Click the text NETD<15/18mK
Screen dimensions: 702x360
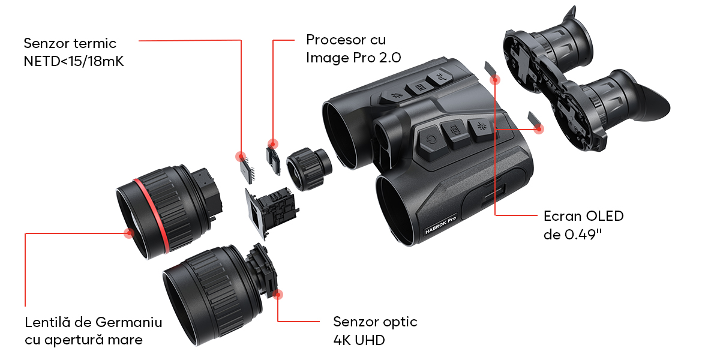pyautogui.click(x=74, y=61)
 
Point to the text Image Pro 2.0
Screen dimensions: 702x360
pyautogui.click(x=353, y=58)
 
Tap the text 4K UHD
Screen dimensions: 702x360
pyautogui.click(x=359, y=340)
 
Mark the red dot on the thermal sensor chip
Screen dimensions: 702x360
pyautogui.click(x=241, y=156)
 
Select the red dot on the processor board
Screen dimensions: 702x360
pyautogui.click(x=272, y=144)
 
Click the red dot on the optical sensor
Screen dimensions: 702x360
pyautogui.click(x=278, y=294)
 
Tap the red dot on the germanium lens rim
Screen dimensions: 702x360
pyautogui.click(x=129, y=233)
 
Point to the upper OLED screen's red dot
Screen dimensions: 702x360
pyautogui.click(x=495, y=80)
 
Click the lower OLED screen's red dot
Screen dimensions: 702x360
pyautogui.click(x=539, y=129)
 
